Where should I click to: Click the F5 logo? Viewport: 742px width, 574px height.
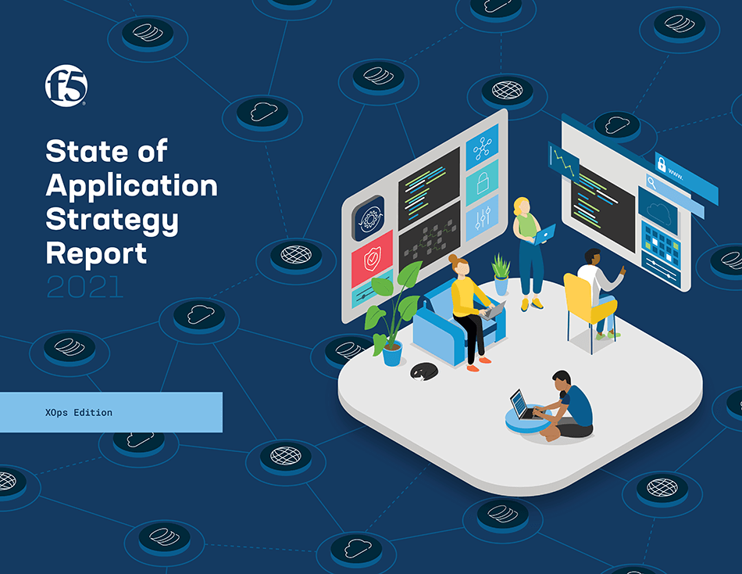click(x=66, y=86)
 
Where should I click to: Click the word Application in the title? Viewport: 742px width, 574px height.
click(x=131, y=186)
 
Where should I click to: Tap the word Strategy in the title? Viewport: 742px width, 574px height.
click(x=112, y=220)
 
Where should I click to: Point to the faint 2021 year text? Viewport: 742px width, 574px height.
click(x=85, y=287)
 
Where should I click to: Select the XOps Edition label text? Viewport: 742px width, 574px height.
click(x=79, y=412)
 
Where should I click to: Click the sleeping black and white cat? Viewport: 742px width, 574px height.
click(x=424, y=371)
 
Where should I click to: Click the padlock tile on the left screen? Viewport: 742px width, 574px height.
click(x=482, y=182)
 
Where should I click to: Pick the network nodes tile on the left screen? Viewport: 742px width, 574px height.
click(x=482, y=148)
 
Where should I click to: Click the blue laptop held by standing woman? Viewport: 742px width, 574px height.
click(x=545, y=234)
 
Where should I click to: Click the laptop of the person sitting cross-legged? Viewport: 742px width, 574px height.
click(x=523, y=405)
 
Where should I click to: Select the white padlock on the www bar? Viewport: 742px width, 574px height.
click(x=662, y=164)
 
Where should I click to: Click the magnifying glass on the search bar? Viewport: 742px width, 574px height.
click(x=652, y=182)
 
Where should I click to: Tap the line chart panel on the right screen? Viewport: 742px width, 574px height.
click(x=564, y=162)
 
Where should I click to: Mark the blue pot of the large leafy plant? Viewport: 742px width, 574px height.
click(x=392, y=353)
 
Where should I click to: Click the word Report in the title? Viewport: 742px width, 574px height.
click(x=96, y=254)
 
